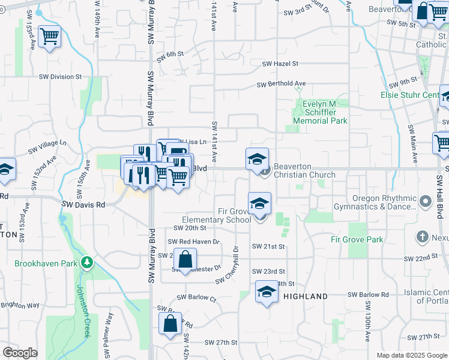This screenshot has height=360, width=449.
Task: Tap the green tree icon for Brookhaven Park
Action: point(88,263)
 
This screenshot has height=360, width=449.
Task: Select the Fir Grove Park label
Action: point(357,239)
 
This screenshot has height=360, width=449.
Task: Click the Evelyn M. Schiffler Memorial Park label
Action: point(321,112)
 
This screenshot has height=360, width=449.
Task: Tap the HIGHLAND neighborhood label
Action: point(306,296)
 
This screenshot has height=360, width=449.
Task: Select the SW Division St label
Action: point(60,77)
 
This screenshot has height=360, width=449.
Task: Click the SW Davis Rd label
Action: point(83,205)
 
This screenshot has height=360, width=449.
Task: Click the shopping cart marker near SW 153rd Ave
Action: point(49,37)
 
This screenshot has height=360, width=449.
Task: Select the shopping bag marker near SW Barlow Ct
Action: point(170,323)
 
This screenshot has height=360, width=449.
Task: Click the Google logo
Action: point(20,353)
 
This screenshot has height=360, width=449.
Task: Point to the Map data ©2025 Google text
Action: point(411,355)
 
